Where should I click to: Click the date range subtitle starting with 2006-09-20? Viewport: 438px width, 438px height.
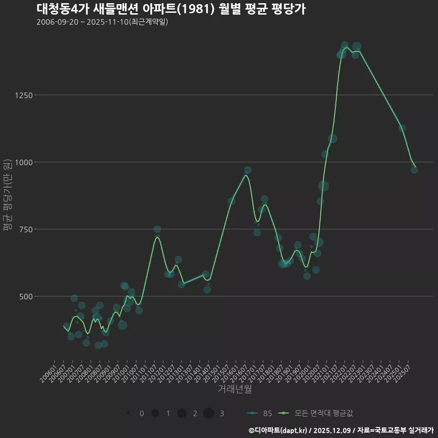102,22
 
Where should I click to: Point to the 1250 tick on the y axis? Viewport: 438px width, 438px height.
23,95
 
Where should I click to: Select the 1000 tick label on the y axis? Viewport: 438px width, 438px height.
23,162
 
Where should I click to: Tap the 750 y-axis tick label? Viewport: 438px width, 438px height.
25,229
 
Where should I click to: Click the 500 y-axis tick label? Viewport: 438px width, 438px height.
25,297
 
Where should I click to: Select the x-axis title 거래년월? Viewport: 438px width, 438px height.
235,389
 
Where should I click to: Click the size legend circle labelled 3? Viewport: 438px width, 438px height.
209,413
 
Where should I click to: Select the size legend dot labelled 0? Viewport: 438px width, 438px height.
129,413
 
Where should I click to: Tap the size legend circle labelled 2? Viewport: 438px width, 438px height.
182,413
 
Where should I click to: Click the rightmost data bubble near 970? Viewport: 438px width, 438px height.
414,170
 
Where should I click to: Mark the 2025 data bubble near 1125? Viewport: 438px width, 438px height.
402,128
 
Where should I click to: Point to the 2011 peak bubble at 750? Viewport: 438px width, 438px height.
157,229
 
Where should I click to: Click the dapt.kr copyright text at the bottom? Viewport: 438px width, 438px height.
341,430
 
